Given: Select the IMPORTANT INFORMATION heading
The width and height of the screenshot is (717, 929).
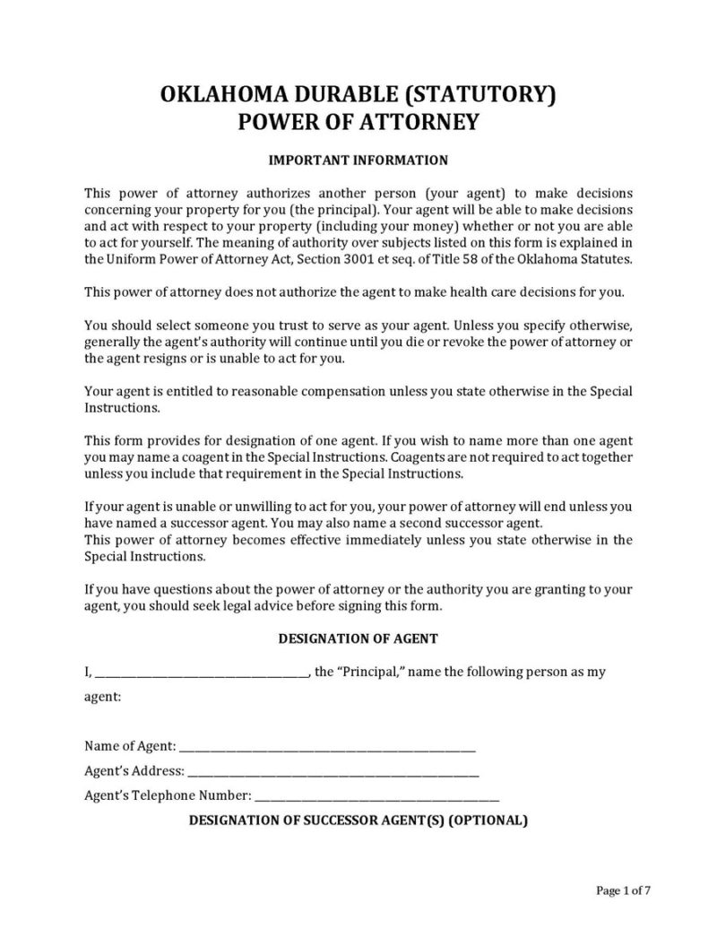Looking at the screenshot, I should (358, 161).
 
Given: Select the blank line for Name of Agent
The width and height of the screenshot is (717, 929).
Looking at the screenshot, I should (328, 747).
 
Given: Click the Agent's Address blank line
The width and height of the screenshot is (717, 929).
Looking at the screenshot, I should (333, 771).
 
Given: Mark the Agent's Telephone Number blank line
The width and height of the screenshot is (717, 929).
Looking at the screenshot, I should (377, 795).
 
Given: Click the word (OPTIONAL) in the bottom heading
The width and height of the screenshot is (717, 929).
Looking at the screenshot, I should (488, 820).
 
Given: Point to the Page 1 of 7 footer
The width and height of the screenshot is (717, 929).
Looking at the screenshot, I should (623, 890).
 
